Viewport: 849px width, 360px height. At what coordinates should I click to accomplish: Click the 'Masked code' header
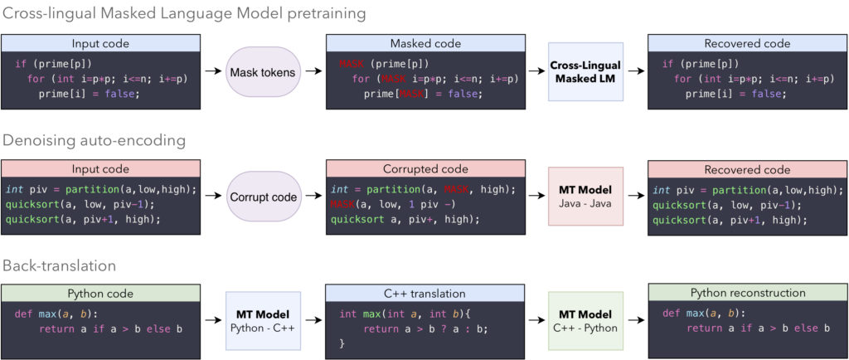pos(424,41)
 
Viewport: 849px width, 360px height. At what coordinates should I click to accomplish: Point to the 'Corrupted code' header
pos(424,169)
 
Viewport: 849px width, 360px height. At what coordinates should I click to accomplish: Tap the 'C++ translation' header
pos(424,292)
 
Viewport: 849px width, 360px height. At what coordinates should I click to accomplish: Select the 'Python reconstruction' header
pos(747,292)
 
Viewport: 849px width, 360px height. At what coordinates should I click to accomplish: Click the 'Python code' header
pos(101,292)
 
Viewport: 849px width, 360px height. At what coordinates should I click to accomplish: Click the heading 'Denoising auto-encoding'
pos(95,141)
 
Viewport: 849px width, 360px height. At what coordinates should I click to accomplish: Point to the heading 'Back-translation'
pos(59,265)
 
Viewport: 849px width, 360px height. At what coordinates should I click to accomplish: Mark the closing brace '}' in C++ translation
pos(342,344)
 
